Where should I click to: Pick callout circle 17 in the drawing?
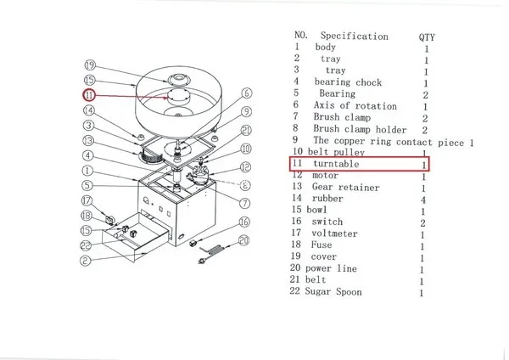click(86, 201)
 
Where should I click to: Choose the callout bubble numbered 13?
click(87, 141)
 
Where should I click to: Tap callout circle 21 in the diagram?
click(245, 130)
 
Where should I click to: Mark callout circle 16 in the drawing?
click(244, 222)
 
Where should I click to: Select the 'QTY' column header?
click(427, 37)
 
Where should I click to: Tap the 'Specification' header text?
click(354, 37)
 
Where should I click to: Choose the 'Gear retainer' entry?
click(346, 187)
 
